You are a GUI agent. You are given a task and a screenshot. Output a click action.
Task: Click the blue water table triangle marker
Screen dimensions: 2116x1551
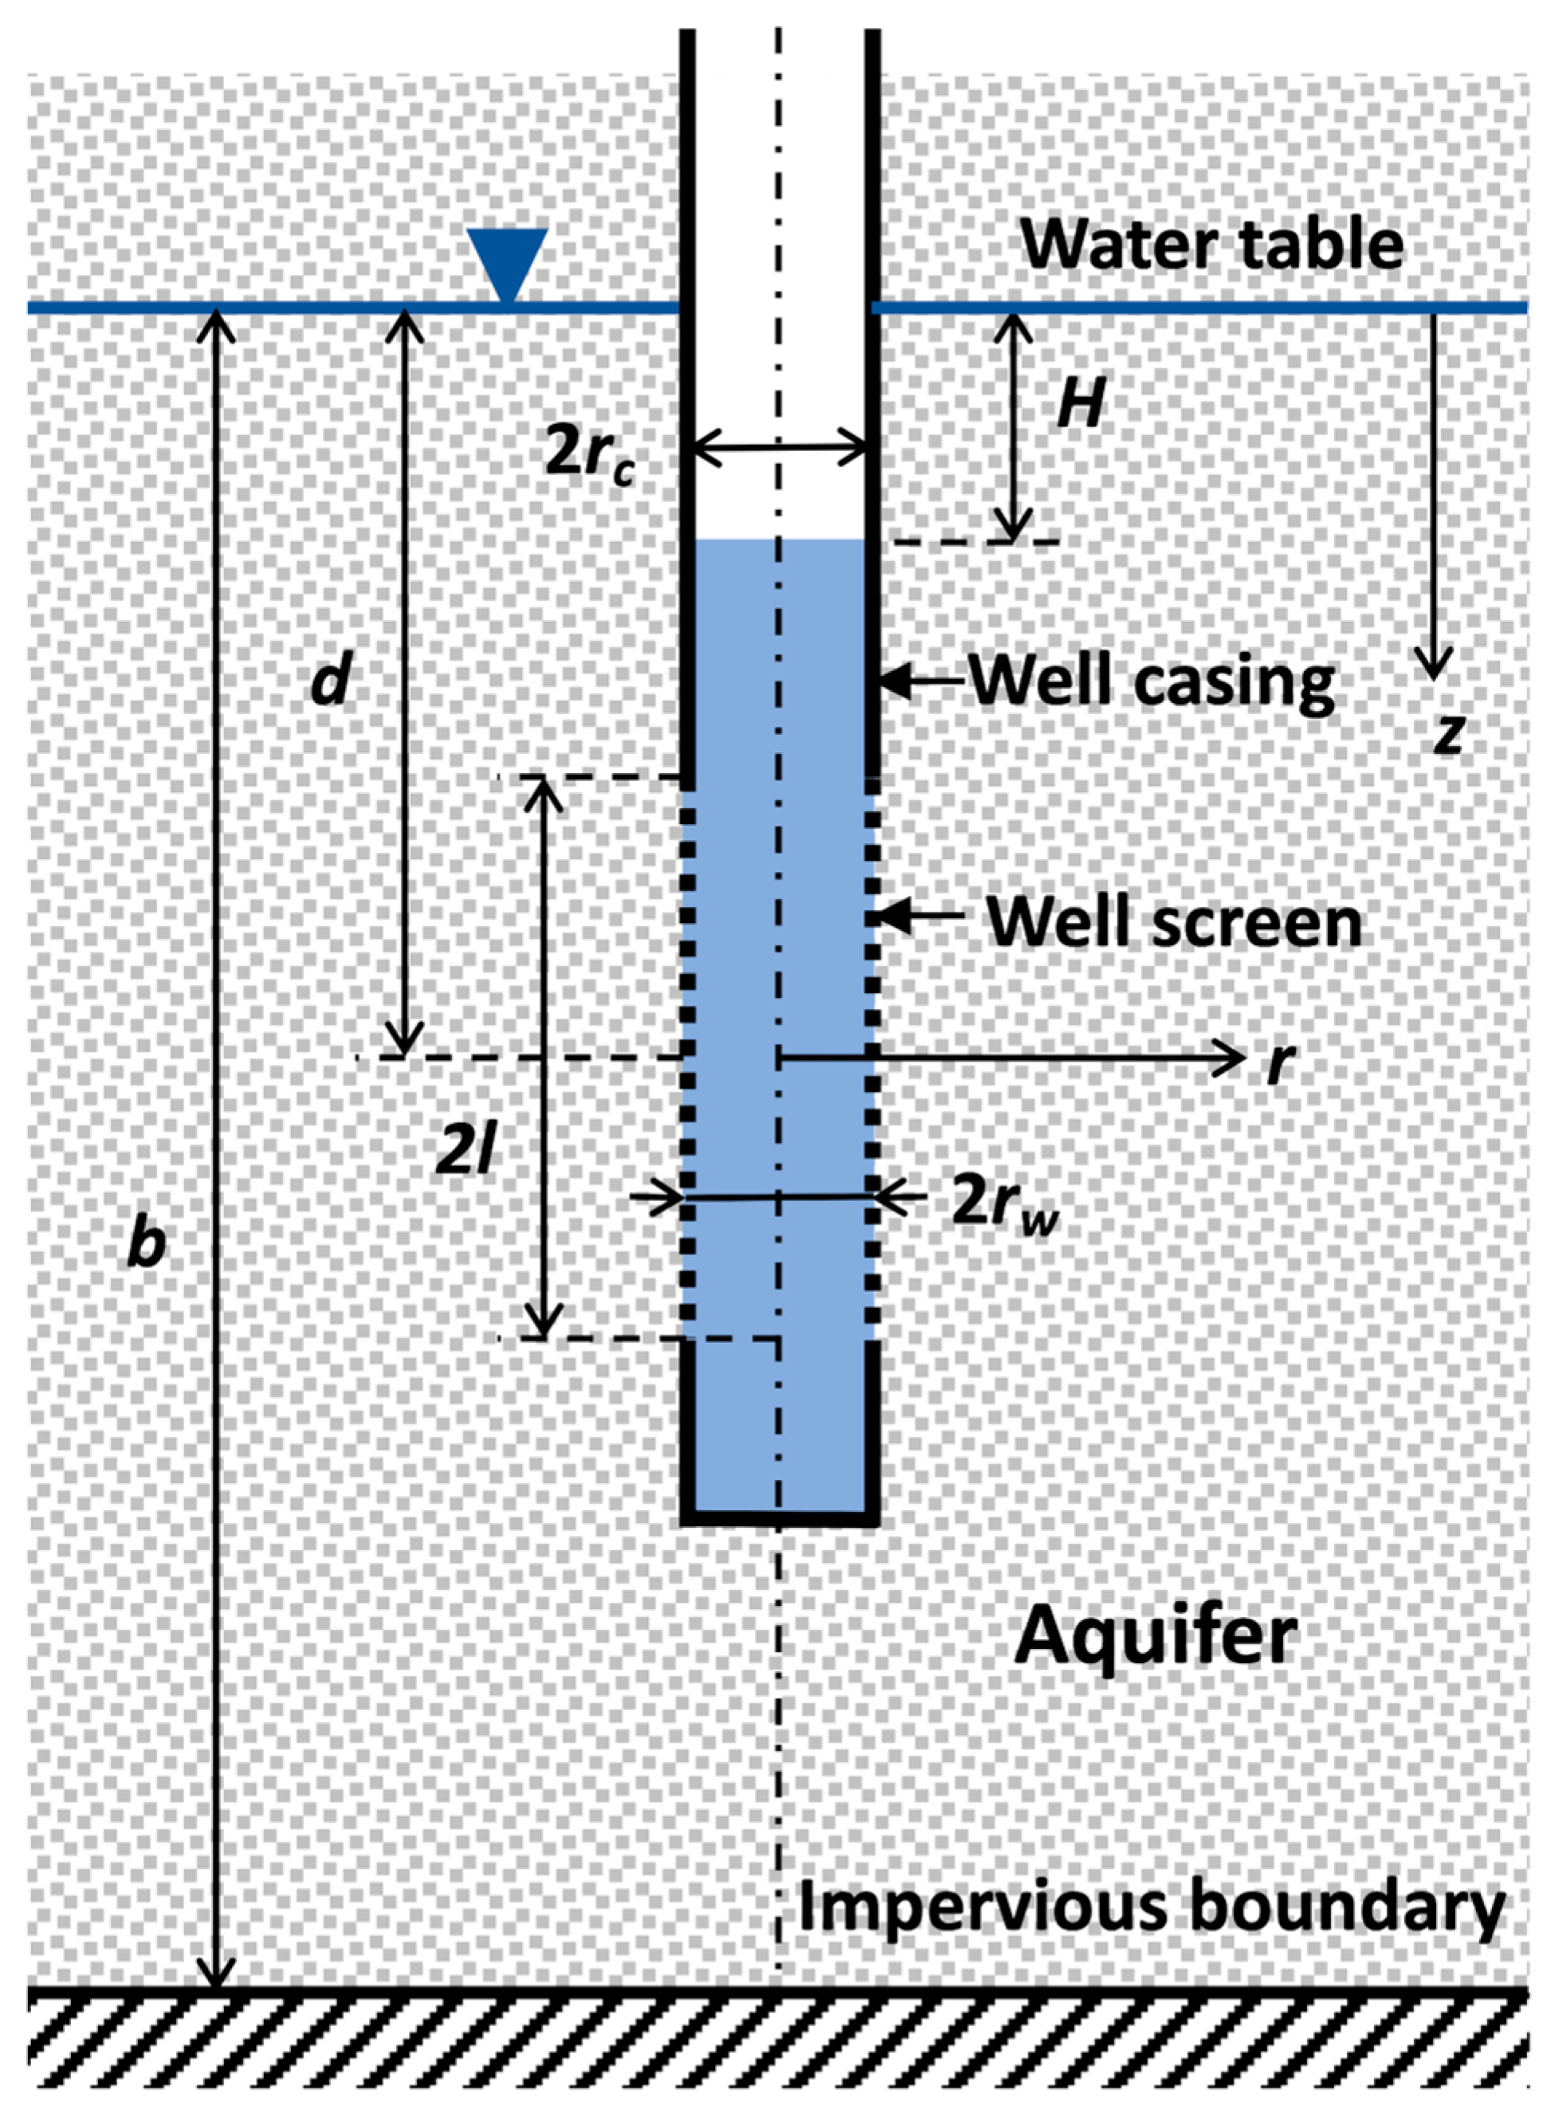click(x=507, y=264)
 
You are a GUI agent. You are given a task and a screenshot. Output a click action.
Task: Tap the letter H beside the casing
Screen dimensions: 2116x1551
click(x=1080, y=406)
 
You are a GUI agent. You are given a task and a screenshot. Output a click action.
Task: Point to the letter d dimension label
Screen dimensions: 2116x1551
click(x=332, y=679)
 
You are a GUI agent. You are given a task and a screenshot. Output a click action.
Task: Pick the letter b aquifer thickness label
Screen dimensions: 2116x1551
click(x=147, y=1243)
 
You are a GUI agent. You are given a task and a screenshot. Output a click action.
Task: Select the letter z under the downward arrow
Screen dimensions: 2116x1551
click(x=1450, y=735)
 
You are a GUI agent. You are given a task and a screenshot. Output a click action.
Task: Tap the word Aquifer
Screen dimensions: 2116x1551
click(x=1156, y=1634)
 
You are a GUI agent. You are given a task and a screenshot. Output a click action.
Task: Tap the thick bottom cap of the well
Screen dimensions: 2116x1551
click(x=779, y=1517)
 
